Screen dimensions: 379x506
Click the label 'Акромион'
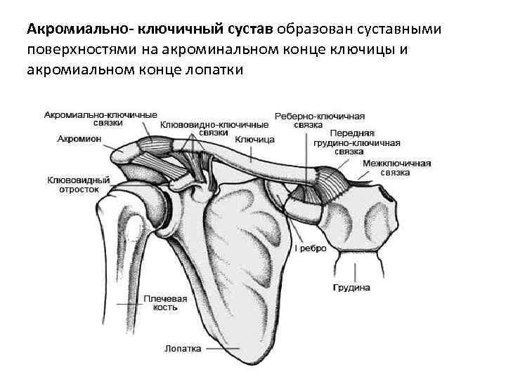[x=79, y=139]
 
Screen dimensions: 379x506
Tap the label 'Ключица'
[x=254, y=139]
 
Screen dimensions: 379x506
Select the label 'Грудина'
[x=351, y=288]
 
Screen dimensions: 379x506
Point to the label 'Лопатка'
[x=183, y=348]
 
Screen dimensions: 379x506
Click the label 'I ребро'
[x=310, y=248]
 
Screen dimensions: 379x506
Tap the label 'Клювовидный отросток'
[x=78, y=184]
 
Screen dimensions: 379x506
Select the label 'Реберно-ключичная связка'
[x=318, y=119]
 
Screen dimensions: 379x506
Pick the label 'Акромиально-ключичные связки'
[x=100, y=117]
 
